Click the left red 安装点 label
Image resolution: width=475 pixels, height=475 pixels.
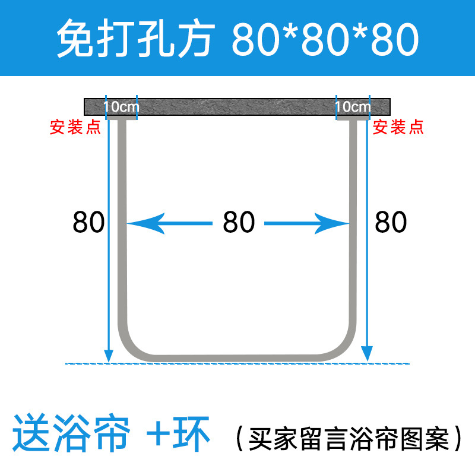click(x=75, y=128)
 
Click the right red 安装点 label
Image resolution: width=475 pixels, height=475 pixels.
click(x=398, y=128)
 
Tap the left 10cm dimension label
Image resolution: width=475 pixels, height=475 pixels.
click(x=121, y=107)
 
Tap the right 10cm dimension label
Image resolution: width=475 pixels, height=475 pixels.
click(x=353, y=107)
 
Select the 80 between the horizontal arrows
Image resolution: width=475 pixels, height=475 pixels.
click(x=239, y=223)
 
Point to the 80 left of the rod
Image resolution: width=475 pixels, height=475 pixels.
click(x=89, y=223)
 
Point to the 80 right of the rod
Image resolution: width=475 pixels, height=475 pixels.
click(x=391, y=223)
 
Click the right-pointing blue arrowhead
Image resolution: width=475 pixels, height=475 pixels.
click(x=338, y=223)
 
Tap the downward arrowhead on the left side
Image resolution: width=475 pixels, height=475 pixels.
click(x=109, y=354)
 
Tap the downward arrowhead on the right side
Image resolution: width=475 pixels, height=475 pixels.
click(x=369, y=354)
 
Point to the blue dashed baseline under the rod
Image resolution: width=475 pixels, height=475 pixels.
click(x=237, y=363)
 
